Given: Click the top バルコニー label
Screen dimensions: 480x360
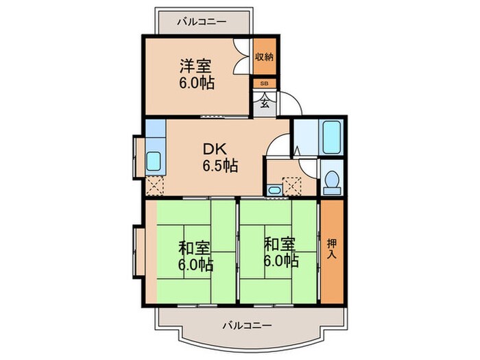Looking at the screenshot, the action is click(x=202, y=22).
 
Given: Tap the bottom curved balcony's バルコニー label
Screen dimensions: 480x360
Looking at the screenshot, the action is click(x=247, y=325).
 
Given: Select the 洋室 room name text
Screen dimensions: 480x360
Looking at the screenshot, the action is click(x=195, y=67).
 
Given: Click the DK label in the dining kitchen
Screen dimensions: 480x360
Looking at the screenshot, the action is click(x=215, y=149).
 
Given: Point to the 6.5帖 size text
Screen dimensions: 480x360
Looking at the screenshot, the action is click(x=220, y=166).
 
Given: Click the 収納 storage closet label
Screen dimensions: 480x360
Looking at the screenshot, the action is click(x=265, y=57).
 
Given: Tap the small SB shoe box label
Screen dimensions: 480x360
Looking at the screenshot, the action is click(x=264, y=83).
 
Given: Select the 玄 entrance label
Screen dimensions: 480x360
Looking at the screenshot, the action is click(x=265, y=104).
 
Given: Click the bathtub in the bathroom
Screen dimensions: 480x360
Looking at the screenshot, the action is click(x=331, y=137).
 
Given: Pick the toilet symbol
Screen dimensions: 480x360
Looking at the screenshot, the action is click(x=332, y=183).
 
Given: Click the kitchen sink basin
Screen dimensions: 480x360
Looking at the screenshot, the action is click(x=154, y=161).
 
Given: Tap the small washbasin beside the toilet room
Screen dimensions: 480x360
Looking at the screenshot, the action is click(x=274, y=190).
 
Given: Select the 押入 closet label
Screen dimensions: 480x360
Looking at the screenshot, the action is click(x=332, y=249).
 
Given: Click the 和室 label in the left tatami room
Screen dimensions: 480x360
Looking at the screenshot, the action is click(x=194, y=248).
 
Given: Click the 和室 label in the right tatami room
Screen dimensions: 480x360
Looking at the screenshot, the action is click(x=280, y=244).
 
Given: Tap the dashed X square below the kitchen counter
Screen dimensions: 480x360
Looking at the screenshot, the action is click(x=155, y=186).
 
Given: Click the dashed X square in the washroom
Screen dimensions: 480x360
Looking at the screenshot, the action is click(x=291, y=186).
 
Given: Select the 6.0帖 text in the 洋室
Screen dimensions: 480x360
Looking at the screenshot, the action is click(x=197, y=83).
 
